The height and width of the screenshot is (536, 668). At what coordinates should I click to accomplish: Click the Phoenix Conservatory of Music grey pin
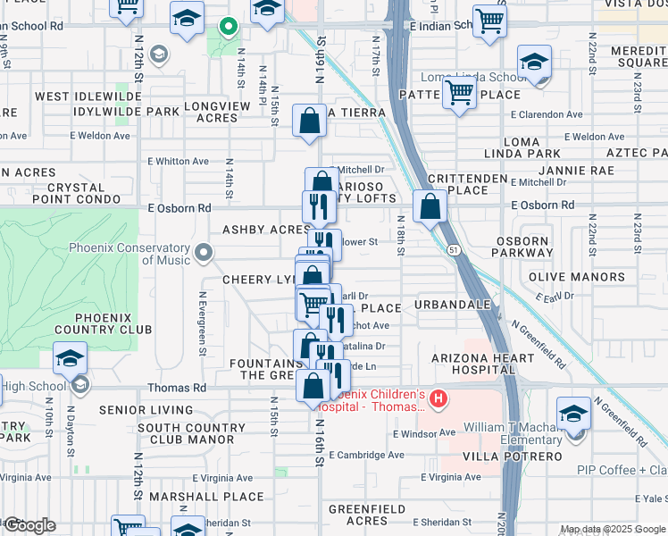[205, 253]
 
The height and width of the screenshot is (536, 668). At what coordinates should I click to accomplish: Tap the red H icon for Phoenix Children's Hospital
[438, 398]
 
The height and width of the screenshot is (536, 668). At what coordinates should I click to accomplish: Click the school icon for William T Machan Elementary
[573, 417]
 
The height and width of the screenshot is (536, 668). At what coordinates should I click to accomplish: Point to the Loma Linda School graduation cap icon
[534, 64]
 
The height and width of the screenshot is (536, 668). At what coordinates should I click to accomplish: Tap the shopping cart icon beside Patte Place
[459, 91]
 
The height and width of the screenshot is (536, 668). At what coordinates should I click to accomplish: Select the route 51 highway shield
[455, 252]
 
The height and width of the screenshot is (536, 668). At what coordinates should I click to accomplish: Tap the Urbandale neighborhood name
[453, 305]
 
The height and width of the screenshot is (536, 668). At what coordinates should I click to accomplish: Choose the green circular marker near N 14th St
[228, 27]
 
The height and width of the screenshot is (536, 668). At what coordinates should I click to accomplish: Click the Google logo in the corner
[29, 525]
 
